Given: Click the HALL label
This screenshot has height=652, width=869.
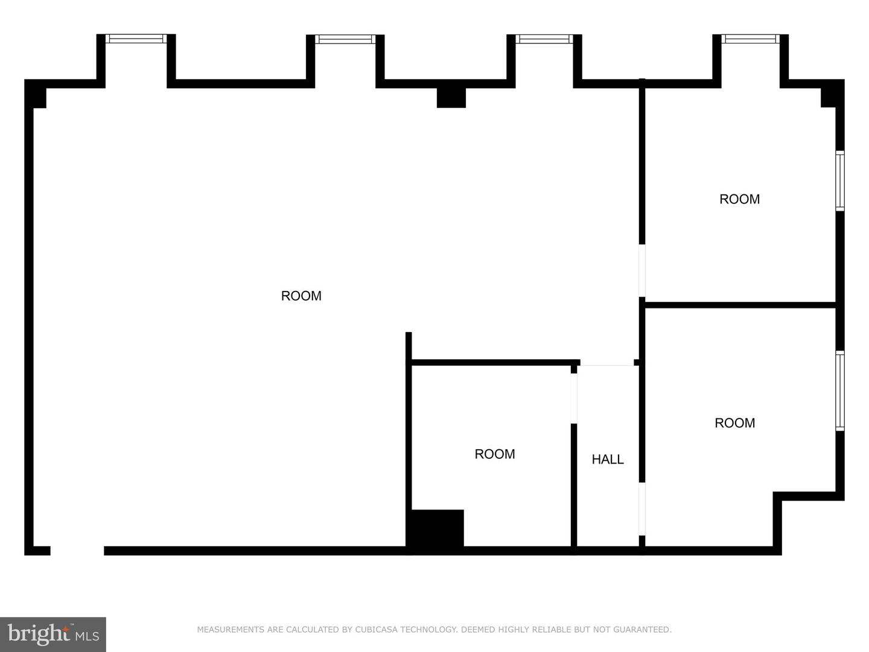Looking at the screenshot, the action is tap(607, 459).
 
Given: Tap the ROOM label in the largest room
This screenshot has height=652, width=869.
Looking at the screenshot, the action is tap(301, 296).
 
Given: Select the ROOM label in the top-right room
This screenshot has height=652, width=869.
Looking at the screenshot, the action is tap(739, 199).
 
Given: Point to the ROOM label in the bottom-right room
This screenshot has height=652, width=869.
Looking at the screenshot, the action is tap(734, 423).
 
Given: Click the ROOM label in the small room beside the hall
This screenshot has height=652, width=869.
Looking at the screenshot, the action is tap(494, 453).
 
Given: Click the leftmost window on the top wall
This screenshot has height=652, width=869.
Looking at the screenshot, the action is tap(136, 39).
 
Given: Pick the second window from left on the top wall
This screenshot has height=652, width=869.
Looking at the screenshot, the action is tap(345, 39).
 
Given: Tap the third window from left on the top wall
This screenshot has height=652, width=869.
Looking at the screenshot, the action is tap(544, 39).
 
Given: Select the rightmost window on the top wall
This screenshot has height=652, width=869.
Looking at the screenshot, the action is tap(750, 39).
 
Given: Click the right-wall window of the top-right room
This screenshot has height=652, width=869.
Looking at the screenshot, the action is tap(839, 181).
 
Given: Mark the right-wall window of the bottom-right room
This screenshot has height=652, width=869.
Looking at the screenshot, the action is tap(839, 391).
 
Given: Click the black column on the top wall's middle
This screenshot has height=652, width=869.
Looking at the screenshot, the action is tap(451, 97).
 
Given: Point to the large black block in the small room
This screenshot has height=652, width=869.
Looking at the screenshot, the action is tap(438, 528).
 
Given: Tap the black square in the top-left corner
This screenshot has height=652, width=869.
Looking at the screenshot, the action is tap(36, 94).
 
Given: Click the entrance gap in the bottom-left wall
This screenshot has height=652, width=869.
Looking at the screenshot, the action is tap(77, 551).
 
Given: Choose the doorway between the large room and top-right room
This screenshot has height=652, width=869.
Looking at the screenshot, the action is tap(641, 270).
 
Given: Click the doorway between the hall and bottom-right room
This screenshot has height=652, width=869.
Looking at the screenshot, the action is tap(641, 509).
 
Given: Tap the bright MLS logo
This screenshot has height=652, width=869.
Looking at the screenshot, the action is tap(53, 634).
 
